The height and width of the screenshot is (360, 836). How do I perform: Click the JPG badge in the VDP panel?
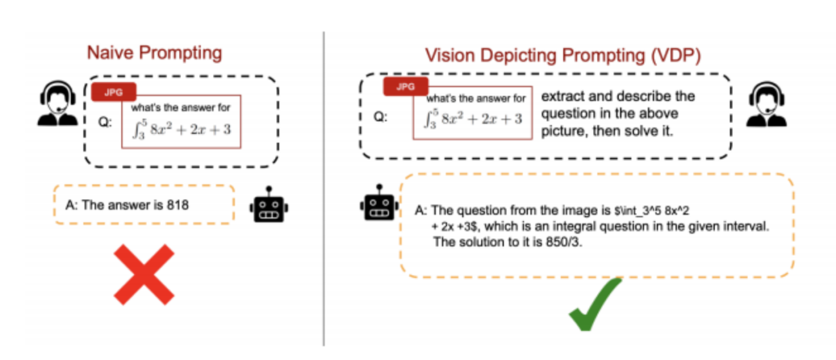pos(406,87)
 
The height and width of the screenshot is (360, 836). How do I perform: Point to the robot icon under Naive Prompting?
pos(270,206)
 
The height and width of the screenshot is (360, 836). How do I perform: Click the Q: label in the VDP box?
pos(380,118)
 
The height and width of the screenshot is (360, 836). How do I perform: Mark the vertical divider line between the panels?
pos(324,186)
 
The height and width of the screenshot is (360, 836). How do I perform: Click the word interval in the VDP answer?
pos(744,225)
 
